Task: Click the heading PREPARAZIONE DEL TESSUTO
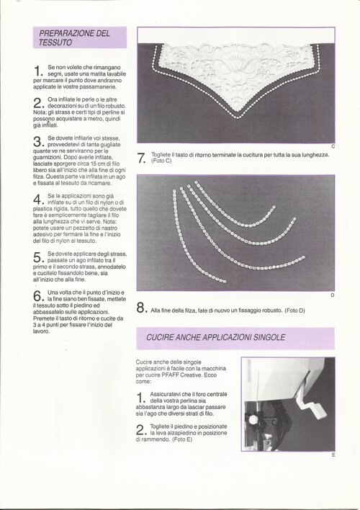74,37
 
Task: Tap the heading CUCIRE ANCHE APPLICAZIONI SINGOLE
215,337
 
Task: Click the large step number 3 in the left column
38,142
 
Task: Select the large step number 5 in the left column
38,257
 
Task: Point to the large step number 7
141,158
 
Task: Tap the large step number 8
141,308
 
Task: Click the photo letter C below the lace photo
333,147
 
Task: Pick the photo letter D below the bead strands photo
333,295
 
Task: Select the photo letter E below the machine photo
333,455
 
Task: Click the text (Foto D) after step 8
294,310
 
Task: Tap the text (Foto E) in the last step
182,439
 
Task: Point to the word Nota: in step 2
40,112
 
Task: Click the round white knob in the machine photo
253,419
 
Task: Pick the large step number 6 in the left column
38,296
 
